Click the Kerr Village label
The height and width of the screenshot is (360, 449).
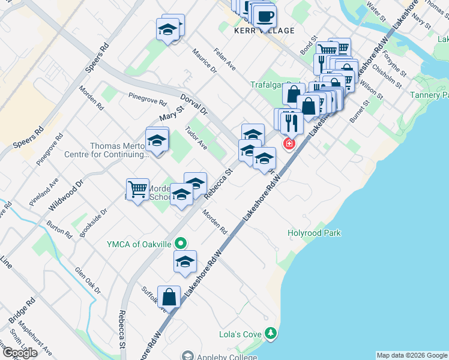pos(265,31)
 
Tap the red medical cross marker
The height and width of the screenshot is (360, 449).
pos(289,144)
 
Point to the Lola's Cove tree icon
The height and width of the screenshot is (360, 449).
pos(271,333)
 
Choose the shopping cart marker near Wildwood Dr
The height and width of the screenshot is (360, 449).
pos(138,190)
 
